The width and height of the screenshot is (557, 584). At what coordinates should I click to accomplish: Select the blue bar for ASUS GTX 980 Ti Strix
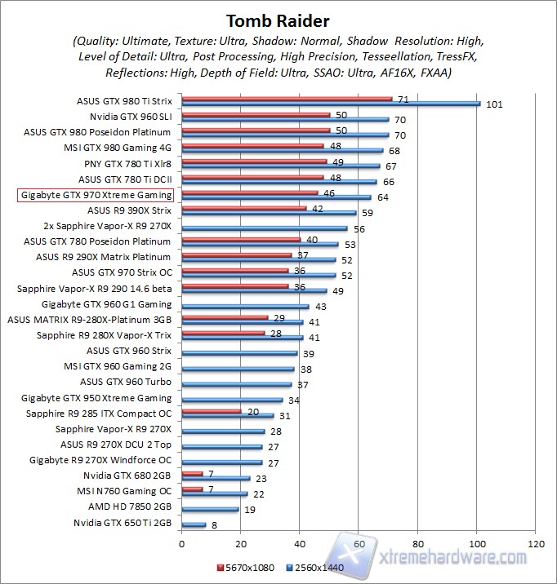coord(331,104)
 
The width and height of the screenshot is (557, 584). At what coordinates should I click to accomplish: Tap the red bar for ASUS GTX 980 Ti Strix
coord(287,99)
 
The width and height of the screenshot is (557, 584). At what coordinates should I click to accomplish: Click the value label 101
coord(494,104)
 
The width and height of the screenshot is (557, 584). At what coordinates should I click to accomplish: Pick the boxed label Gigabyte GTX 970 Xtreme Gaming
coord(96,195)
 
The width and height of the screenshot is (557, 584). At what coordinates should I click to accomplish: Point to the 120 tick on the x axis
coord(536,542)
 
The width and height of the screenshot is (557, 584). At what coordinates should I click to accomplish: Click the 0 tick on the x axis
coord(182,542)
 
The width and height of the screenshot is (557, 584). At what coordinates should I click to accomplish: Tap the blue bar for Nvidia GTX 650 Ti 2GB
coord(194,524)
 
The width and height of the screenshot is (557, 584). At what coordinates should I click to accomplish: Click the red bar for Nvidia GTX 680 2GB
coord(192,473)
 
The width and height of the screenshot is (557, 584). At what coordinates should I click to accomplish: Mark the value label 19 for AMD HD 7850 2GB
coord(250,509)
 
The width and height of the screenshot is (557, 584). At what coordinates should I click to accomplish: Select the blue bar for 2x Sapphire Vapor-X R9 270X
coord(265,228)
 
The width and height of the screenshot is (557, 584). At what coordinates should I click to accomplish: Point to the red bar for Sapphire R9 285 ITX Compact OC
coord(212,411)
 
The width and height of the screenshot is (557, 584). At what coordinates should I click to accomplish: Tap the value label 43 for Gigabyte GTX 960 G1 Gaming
coord(321,307)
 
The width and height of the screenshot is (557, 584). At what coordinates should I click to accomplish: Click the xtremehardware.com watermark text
coord(453,558)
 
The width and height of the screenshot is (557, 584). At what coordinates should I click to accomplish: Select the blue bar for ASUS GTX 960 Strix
coord(239,352)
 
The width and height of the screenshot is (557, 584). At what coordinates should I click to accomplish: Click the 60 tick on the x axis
coord(359,542)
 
